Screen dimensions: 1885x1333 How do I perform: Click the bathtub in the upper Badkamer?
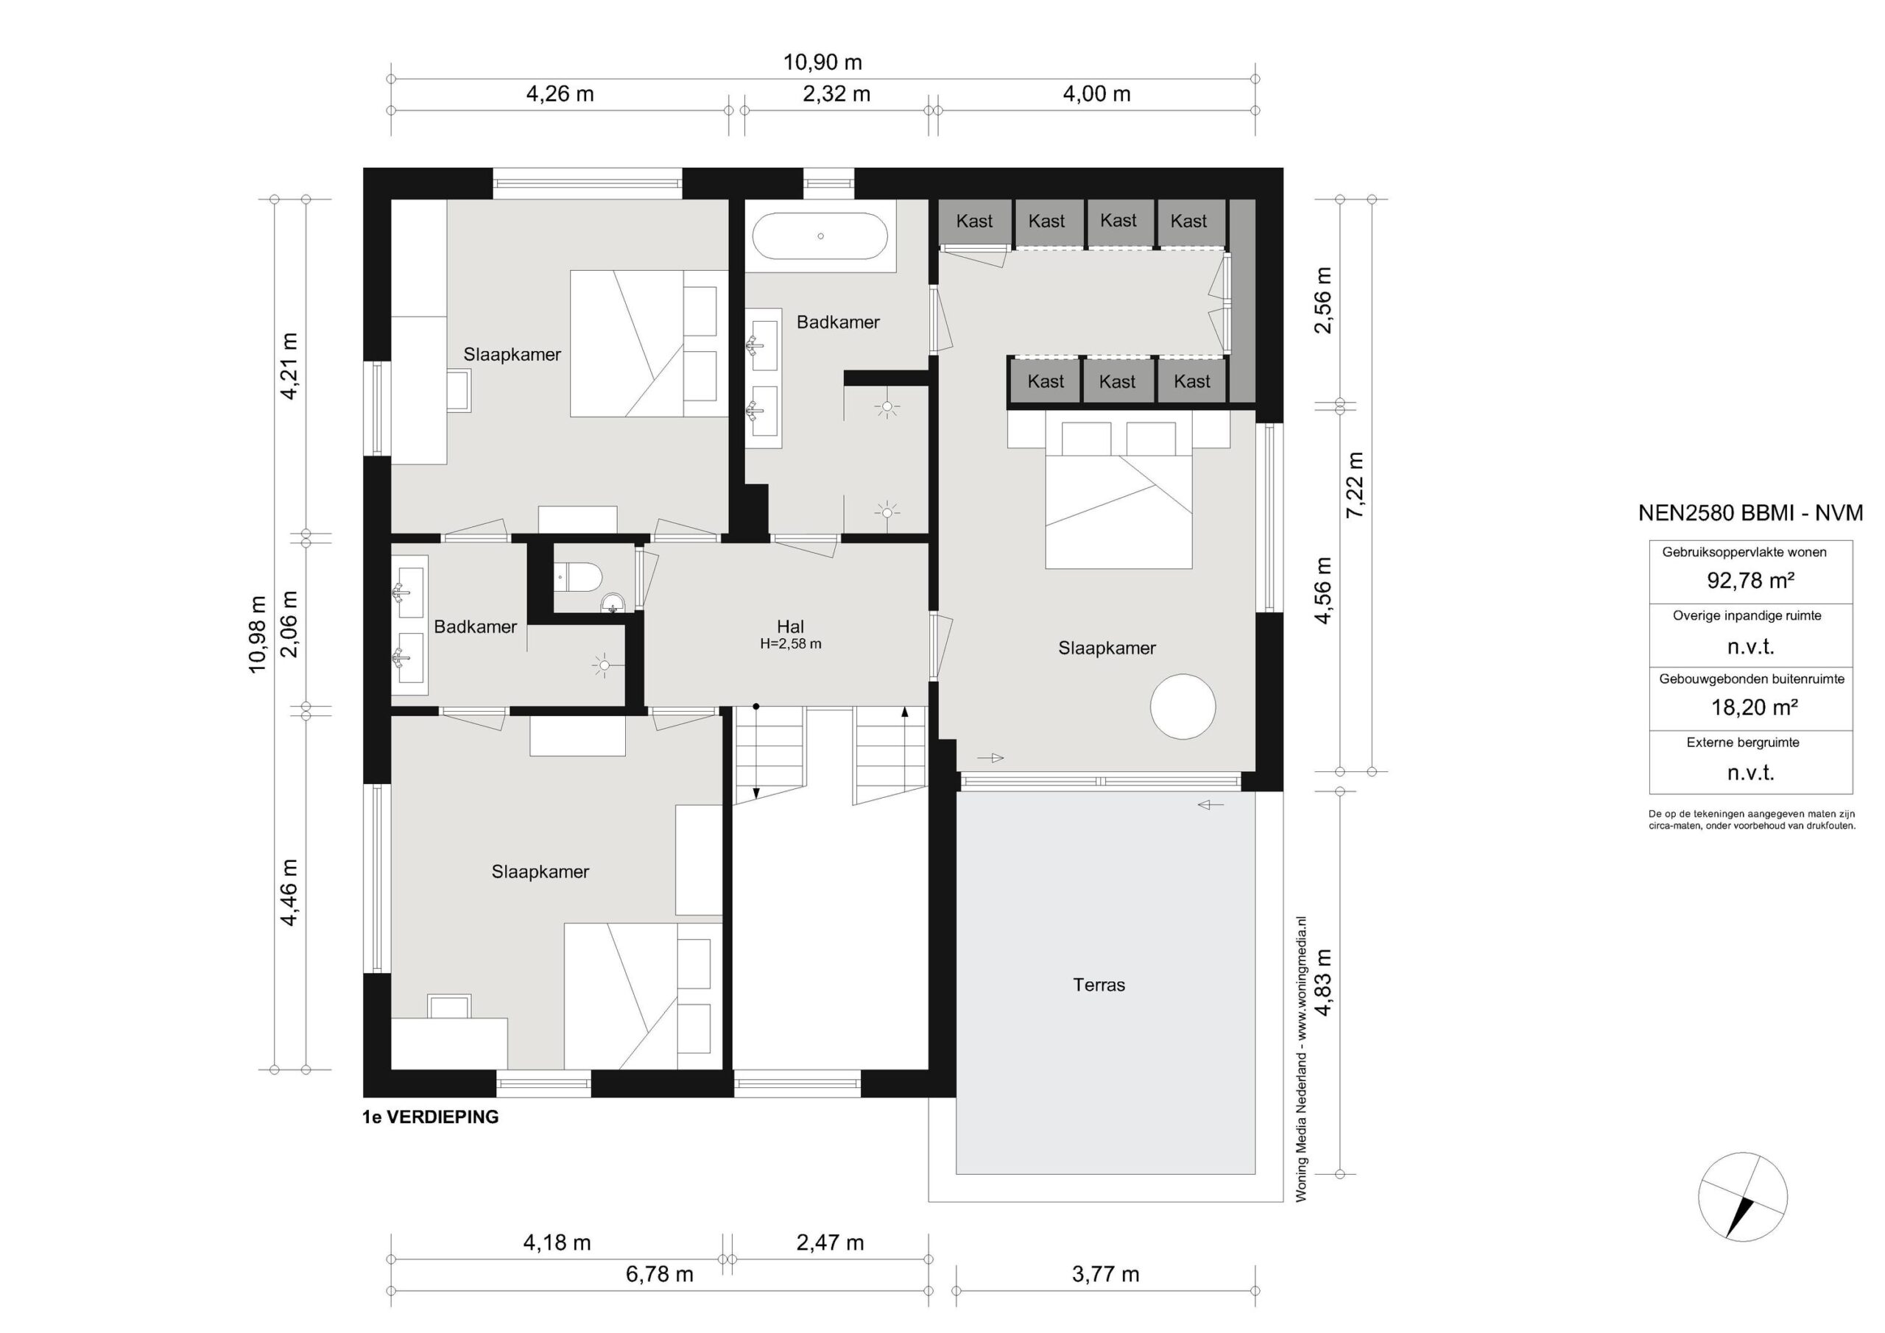click(820, 236)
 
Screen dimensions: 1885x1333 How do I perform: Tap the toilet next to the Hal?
click(579, 576)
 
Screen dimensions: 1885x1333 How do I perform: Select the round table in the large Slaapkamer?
click(1183, 707)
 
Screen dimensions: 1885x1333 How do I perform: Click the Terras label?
click(1099, 985)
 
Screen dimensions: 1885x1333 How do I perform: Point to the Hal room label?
click(790, 627)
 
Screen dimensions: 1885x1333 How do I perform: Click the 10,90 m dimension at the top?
click(822, 63)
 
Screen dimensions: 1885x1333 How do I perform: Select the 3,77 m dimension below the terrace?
click(1105, 1274)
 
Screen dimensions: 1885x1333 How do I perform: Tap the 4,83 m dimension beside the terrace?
click(1323, 983)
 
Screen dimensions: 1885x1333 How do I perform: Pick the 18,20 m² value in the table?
click(1755, 707)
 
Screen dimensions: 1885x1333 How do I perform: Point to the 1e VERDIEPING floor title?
click(430, 1117)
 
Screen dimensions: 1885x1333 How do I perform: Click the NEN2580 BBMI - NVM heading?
click(1750, 513)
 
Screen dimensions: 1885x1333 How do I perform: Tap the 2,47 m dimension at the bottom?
click(830, 1242)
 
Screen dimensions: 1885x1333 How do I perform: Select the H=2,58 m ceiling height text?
click(791, 644)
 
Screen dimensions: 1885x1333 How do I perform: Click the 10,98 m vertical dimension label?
click(258, 634)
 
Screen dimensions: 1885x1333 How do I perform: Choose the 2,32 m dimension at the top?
click(836, 94)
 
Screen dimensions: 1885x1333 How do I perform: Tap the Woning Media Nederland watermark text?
click(1301, 1059)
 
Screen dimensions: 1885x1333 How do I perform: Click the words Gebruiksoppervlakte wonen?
click(1744, 552)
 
